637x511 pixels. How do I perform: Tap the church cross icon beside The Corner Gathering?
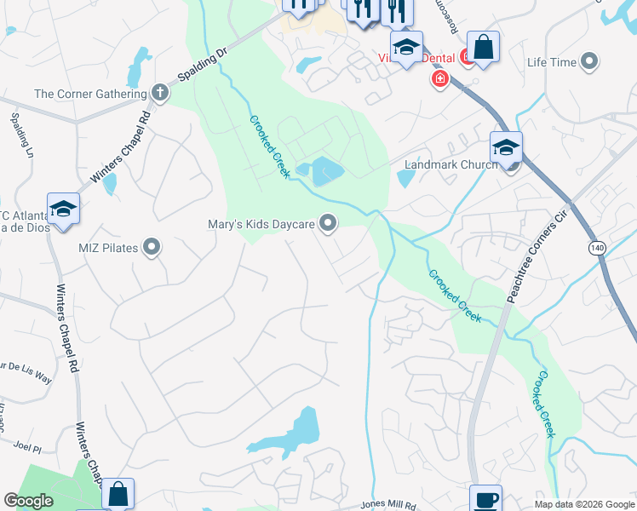tap(159, 92)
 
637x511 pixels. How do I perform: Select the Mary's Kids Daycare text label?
tap(261, 225)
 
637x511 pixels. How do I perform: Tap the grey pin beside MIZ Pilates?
tap(152, 248)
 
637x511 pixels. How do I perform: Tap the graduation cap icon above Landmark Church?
tap(506, 147)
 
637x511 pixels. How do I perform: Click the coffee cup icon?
tap(485, 499)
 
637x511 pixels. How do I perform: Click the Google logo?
tap(28, 501)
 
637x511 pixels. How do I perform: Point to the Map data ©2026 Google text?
tap(583, 504)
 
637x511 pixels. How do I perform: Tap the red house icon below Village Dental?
tap(439, 80)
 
